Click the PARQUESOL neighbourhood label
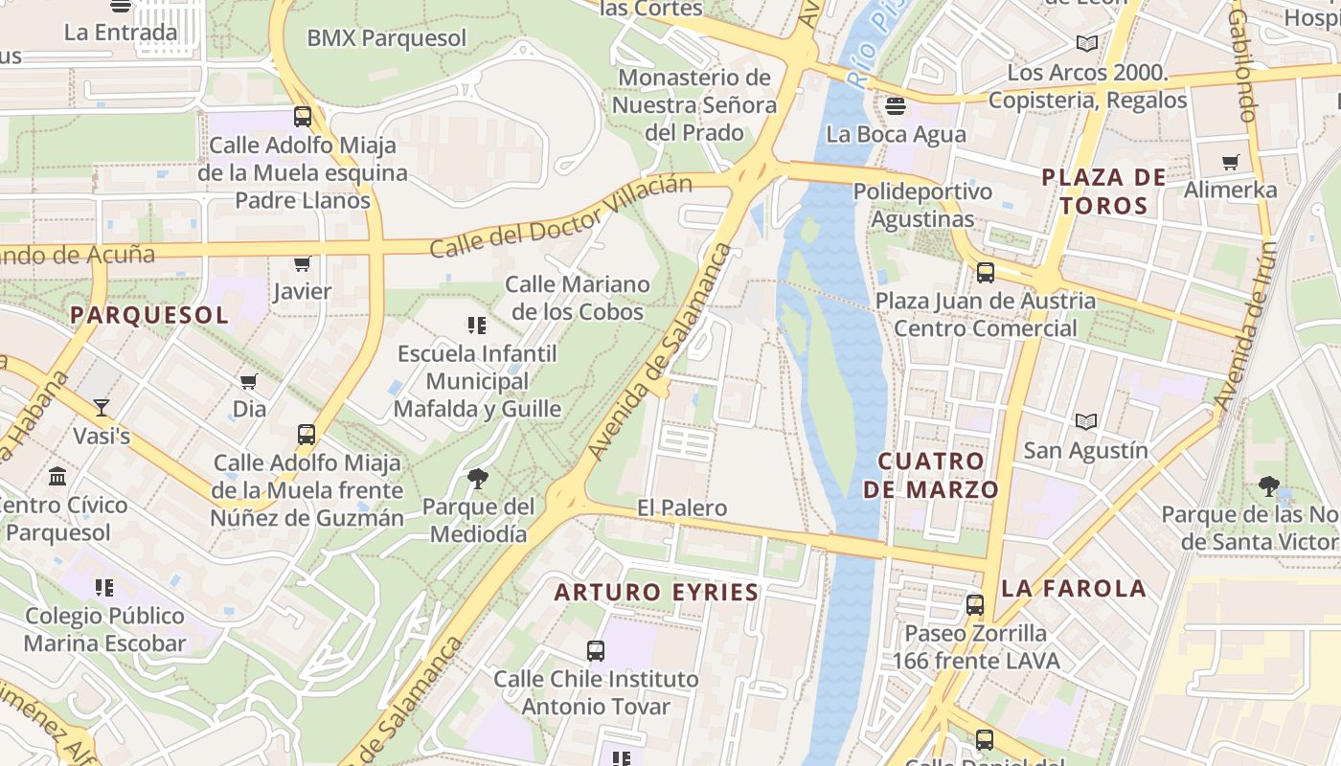tap(149, 315)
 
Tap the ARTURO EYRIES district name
tap(656, 593)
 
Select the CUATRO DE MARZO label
tap(931, 475)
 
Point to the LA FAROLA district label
tap(1073, 588)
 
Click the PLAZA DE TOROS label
tap(1103, 191)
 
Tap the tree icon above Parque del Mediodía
tap(477, 479)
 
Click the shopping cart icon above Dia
tap(249, 382)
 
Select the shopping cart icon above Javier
tap(302, 263)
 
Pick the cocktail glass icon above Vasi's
tap(102, 407)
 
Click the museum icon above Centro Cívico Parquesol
tap(57, 476)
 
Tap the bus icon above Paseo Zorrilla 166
tap(975, 605)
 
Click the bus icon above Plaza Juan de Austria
tap(986, 273)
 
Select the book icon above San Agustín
tap(1085, 422)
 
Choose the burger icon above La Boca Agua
tap(896, 105)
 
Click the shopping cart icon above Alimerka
tap(1231, 162)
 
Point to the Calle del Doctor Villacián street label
tap(560, 216)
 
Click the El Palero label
tap(682, 507)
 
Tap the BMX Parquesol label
tap(387, 38)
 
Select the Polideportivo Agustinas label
tap(922, 205)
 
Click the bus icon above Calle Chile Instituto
tap(596, 651)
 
